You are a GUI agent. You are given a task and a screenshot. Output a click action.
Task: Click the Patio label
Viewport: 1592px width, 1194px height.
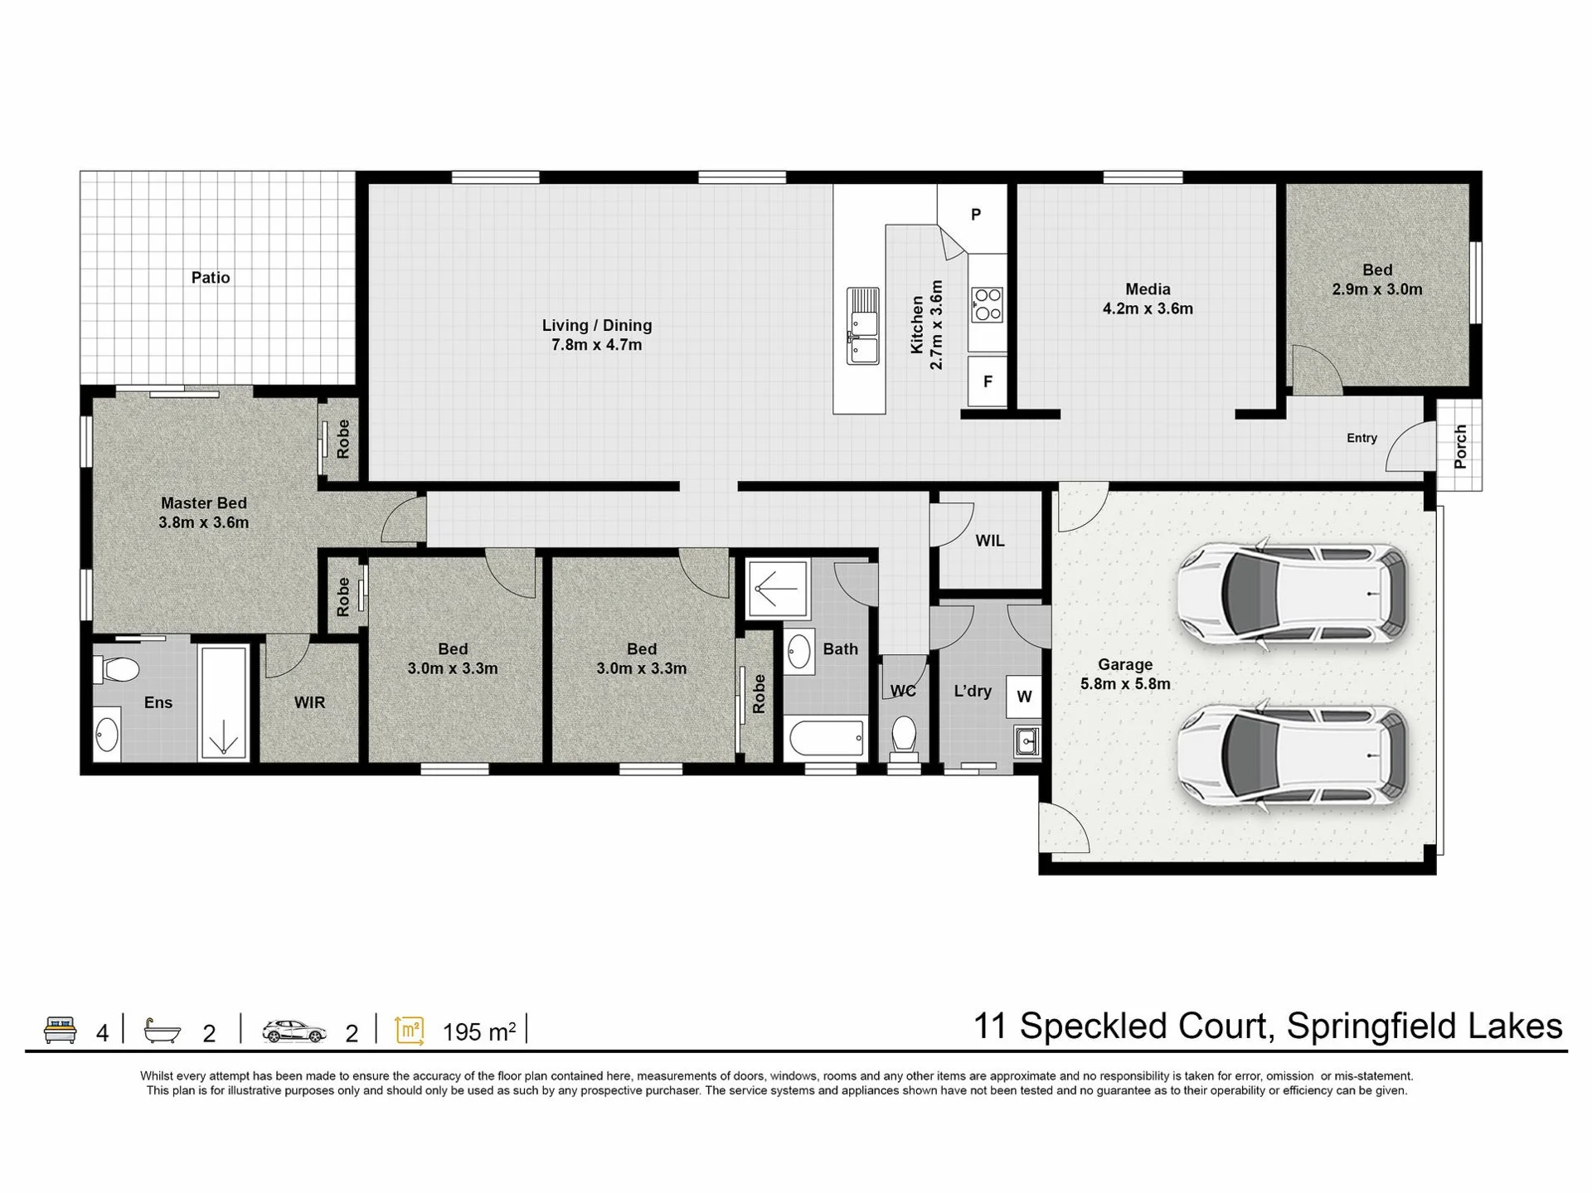[x=211, y=278]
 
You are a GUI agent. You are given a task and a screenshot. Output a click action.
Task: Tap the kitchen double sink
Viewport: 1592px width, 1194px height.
[x=862, y=326]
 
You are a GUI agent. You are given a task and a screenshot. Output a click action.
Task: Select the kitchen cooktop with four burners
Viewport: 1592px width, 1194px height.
[x=987, y=304]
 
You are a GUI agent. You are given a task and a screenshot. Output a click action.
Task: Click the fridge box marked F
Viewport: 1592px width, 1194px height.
[x=988, y=381]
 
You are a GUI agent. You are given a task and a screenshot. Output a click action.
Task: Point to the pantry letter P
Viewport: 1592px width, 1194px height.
[x=976, y=215]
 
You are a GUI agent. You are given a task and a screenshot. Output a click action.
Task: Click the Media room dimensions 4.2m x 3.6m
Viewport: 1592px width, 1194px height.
[x=1148, y=309]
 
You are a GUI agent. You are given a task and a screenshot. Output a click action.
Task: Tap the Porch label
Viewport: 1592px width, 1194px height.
[x=1460, y=446]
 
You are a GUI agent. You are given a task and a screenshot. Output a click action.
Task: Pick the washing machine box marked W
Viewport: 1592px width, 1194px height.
[x=1024, y=696]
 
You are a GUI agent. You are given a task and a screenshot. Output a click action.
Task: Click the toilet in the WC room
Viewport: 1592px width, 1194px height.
[x=903, y=737]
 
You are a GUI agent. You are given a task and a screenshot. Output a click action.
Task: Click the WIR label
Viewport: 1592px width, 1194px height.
[x=309, y=703]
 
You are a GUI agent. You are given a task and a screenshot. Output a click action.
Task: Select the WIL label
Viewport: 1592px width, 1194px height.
[x=990, y=541]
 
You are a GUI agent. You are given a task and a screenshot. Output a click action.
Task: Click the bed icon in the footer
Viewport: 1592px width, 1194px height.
[x=60, y=1029]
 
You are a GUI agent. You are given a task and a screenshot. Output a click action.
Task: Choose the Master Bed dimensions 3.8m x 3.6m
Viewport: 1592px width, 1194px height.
[x=204, y=523]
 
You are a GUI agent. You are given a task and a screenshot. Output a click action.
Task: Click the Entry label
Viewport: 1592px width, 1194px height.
[x=1361, y=439]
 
